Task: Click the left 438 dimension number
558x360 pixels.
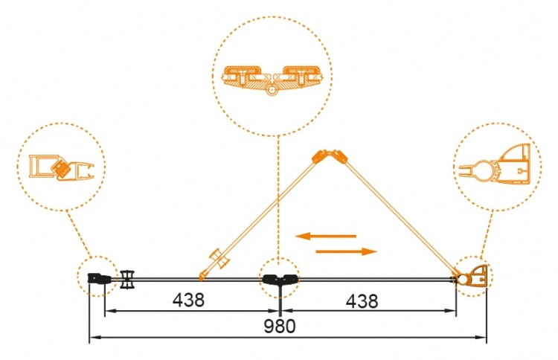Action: point(189,300)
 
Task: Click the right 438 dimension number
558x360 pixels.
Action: point(362,301)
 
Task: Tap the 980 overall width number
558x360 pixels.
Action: point(280,327)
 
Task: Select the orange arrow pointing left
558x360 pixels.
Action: point(326,236)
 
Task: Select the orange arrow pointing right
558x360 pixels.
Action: point(346,252)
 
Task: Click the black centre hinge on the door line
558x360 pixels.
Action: point(280,280)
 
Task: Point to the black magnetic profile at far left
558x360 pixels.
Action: point(99,278)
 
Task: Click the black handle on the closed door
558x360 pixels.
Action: point(127,279)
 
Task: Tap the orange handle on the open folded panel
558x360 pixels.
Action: point(220,260)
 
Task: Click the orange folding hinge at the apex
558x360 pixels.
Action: point(330,156)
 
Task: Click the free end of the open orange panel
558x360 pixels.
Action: point(202,277)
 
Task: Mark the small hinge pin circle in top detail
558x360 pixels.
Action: point(272,90)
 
